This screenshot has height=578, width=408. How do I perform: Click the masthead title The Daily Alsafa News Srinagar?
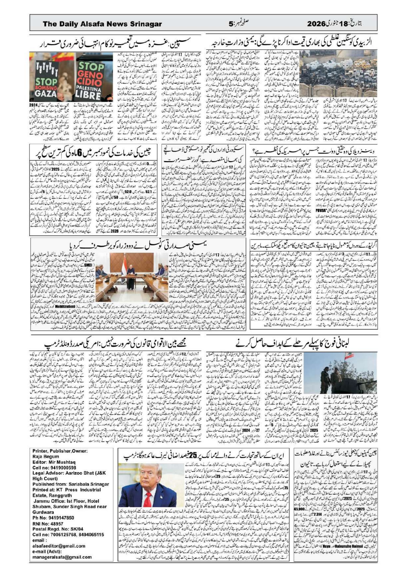[102, 24]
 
